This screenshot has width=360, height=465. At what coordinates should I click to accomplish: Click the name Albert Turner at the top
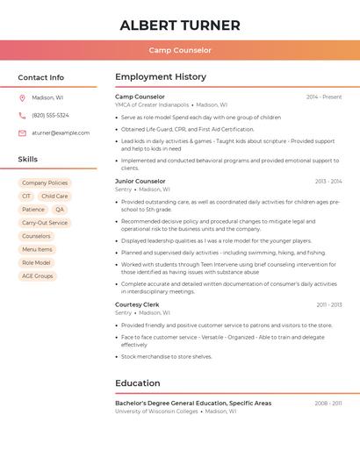179,25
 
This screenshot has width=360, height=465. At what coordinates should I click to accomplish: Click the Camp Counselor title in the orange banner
179,50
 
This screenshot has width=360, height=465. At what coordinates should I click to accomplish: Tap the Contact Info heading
41,77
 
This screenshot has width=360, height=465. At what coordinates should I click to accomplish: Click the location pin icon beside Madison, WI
22,98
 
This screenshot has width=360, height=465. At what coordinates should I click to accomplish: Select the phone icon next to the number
22,116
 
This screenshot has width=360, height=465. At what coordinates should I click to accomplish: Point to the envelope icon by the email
22,133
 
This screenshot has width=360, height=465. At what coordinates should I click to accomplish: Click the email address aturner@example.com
61,133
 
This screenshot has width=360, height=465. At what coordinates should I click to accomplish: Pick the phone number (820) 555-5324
50,116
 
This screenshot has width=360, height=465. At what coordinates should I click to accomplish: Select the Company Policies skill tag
45,182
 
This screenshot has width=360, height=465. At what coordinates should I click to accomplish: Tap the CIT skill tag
26,197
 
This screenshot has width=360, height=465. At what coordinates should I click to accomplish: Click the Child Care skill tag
54,197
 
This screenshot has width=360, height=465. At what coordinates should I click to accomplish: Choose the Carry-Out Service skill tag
45,223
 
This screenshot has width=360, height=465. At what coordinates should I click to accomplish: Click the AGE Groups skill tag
38,275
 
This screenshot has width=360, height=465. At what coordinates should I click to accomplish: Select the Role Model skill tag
36,262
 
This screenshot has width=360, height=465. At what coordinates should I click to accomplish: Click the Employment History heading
161,77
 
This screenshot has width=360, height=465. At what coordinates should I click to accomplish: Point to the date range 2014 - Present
324,97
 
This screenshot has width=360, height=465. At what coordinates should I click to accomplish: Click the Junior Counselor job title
140,182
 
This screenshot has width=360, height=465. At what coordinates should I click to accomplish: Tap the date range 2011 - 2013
329,305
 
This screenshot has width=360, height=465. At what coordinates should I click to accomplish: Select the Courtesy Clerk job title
137,304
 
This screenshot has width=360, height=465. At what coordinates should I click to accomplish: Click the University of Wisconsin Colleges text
156,411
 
